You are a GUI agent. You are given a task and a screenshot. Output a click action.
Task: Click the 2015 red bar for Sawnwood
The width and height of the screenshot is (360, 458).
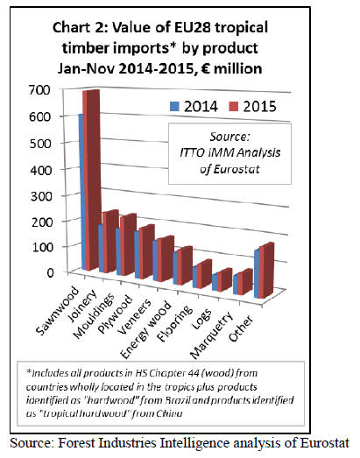91,180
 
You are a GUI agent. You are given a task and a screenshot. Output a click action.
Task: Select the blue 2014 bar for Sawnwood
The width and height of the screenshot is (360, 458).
81,191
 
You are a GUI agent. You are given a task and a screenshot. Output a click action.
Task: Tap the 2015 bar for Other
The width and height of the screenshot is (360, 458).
267,270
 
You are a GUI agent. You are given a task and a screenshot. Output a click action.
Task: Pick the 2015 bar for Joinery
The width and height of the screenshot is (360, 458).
110,242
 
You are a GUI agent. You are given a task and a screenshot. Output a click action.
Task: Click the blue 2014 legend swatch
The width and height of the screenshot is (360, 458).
174,106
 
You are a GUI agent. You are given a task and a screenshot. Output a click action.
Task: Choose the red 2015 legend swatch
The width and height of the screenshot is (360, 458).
234,106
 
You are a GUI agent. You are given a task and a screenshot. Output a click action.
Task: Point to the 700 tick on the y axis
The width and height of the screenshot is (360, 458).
40,90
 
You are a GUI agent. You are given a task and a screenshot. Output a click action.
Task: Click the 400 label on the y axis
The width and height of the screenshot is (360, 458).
41,170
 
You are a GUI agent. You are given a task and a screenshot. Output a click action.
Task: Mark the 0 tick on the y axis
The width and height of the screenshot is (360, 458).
50,272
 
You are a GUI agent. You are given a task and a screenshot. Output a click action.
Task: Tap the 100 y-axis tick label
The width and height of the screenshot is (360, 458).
41,247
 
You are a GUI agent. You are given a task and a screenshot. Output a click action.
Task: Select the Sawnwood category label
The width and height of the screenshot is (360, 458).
57,311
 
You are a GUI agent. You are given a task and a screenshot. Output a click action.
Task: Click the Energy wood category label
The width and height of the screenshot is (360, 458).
145,330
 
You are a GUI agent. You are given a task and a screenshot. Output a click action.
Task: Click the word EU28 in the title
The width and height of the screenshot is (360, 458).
193,28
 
